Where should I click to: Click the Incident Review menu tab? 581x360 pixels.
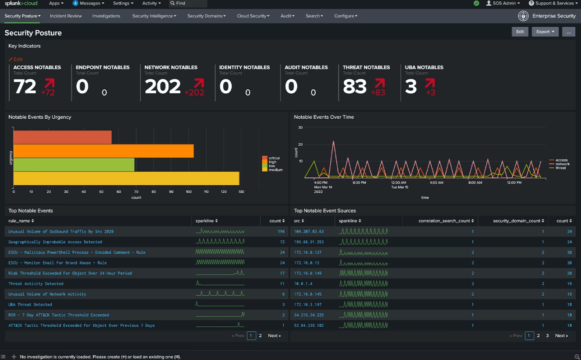(x=66, y=16)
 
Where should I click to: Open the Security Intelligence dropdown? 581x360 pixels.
(x=154, y=16)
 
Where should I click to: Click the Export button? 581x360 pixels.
(x=545, y=32)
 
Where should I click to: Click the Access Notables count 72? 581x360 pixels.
(x=25, y=87)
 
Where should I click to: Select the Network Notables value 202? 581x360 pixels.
(x=162, y=87)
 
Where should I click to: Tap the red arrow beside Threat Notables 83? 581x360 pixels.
(x=380, y=83)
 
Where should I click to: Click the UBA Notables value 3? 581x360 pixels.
(x=411, y=87)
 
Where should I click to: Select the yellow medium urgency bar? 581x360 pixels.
(x=126, y=178)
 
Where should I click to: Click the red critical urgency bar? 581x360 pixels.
(x=62, y=137)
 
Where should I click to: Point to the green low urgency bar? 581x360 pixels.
(x=74, y=165)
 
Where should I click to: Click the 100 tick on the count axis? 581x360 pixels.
(x=188, y=192)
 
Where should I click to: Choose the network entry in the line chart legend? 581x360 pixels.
(x=562, y=164)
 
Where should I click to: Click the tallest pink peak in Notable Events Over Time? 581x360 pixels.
(x=334, y=141)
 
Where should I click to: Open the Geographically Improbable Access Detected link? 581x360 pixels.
(x=55, y=242)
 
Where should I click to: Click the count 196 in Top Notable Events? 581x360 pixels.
(x=281, y=232)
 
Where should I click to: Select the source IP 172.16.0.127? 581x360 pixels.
(x=307, y=252)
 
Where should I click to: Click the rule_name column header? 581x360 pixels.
(x=21, y=221)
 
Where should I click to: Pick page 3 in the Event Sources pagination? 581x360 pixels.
(x=547, y=336)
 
